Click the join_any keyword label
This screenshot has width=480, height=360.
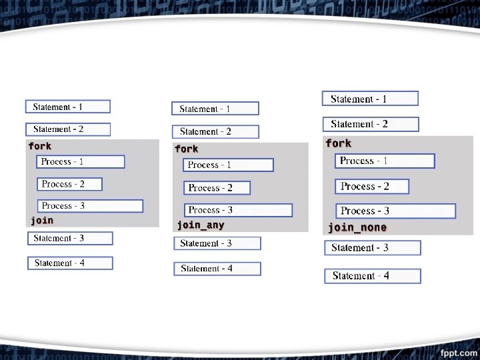point(201,225)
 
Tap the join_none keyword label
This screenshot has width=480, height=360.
point(357,228)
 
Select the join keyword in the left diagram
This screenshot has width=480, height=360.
point(42,220)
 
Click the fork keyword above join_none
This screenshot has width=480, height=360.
point(339,143)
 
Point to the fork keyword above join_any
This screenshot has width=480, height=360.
point(187,149)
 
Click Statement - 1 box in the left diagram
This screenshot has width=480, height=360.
point(68,107)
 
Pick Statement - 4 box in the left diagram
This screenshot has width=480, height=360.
point(70,263)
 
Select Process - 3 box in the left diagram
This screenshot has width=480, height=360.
point(89,206)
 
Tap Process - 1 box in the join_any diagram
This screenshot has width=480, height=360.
point(228,165)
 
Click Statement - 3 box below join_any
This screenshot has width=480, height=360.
point(217,243)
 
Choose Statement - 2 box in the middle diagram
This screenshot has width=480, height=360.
point(215,132)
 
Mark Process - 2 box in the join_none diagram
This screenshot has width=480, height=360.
point(372,187)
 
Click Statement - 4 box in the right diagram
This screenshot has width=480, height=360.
point(373,276)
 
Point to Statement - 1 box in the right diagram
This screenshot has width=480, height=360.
point(370,99)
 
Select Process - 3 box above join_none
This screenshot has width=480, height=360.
point(395,211)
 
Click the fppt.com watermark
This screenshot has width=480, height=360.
point(458,352)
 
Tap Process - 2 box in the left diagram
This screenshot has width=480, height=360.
point(69,184)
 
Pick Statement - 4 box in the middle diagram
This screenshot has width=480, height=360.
point(217,269)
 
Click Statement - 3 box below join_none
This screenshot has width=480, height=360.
point(373,248)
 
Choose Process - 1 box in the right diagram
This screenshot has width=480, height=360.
point(384,161)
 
